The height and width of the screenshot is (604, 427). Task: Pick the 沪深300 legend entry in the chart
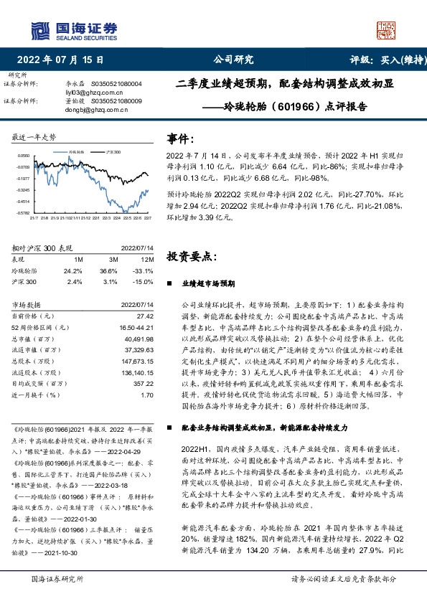[x=111, y=153]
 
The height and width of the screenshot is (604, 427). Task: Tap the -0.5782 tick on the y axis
[x=23, y=213]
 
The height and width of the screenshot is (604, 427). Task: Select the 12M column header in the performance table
[x=147, y=259]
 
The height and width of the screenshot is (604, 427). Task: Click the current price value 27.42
[x=146, y=316]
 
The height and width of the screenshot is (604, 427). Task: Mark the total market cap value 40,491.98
[x=140, y=339]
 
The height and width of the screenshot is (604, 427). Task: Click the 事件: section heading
[x=180, y=138]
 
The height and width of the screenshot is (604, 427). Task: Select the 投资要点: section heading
[x=190, y=256]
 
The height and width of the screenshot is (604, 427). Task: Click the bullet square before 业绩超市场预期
[x=173, y=284]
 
